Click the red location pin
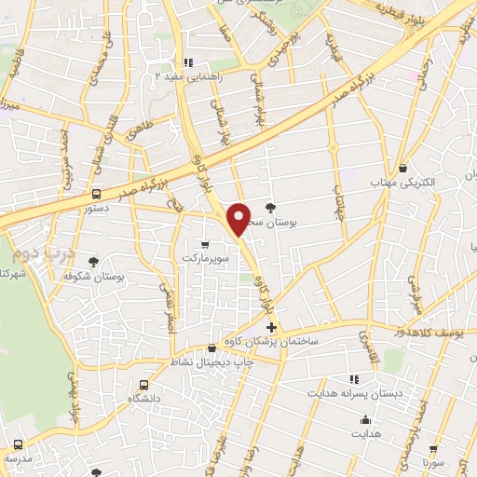click(x=239, y=218)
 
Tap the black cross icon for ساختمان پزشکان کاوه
click(x=271, y=328)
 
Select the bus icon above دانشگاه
click(x=143, y=384)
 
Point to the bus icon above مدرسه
click(x=18, y=444)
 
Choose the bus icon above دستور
click(x=96, y=194)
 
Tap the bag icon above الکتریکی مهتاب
click(x=402, y=169)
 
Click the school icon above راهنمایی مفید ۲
click(x=189, y=63)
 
